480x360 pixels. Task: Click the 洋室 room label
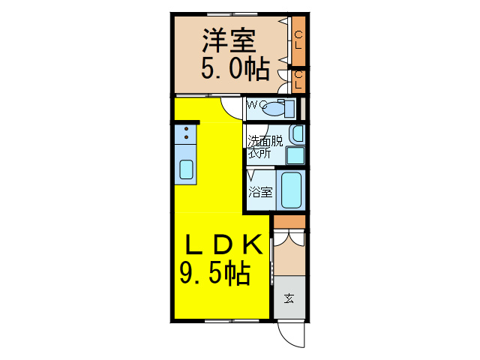coord(228,40)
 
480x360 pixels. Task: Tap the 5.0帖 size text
coord(235,68)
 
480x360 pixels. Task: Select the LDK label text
coord(223,244)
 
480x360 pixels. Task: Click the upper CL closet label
coord(298,40)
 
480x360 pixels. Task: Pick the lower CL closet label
coord(298,80)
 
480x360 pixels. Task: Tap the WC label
coord(256,105)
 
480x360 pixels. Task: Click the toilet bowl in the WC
coord(274,109)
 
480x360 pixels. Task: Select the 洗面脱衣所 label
coord(265,147)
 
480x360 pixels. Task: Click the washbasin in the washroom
coord(298,134)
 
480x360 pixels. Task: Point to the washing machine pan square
coord(295,155)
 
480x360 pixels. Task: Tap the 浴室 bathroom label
coord(260,192)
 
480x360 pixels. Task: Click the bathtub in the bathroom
coord(291,190)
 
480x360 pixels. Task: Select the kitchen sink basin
coord(186,169)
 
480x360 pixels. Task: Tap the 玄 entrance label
coord(289,298)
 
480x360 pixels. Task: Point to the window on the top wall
coord(232,14)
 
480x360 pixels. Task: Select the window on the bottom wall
coord(232,321)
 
